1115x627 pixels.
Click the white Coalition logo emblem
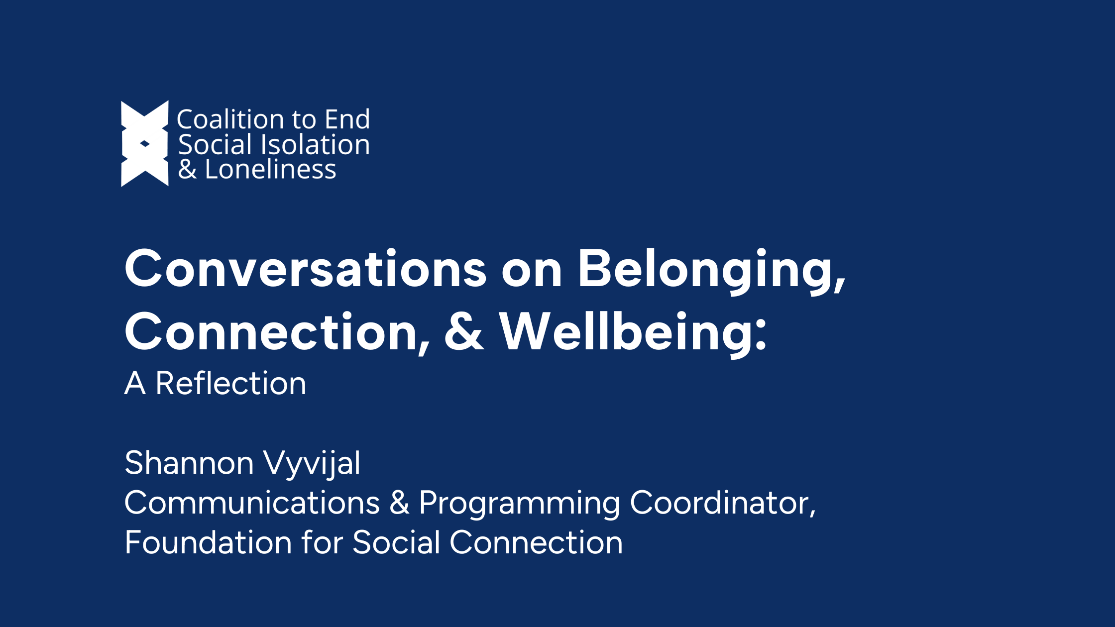(x=145, y=144)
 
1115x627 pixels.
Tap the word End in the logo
(x=347, y=119)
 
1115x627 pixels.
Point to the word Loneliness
(x=270, y=169)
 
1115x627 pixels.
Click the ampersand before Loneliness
(x=188, y=170)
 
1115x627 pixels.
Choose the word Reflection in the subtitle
(x=230, y=383)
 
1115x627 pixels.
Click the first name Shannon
(x=189, y=463)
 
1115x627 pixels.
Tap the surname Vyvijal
(x=312, y=464)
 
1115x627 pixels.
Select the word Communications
(x=252, y=503)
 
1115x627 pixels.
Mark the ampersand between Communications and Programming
(x=400, y=503)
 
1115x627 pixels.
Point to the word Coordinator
(x=723, y=503)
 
